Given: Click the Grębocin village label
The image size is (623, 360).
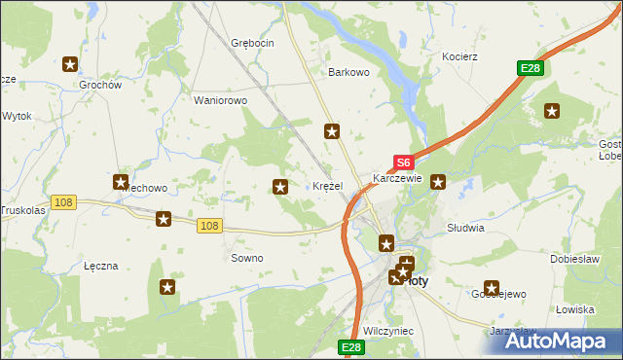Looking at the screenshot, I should [252, 43].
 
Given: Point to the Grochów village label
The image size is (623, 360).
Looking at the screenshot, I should [100, 85].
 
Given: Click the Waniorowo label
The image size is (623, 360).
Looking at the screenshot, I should [221, 100].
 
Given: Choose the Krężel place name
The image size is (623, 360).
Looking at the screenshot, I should [326, 186].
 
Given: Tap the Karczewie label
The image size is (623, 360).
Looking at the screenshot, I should [397, 179].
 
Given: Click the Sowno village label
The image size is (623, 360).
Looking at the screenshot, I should [246, 258].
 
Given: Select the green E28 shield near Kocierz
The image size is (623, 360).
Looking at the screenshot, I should [530, 68].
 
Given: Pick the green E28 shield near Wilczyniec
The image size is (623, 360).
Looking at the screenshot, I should [351, 347].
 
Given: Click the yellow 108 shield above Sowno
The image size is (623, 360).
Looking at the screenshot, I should [207, 226].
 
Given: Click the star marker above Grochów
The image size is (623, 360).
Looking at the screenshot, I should [71, 65].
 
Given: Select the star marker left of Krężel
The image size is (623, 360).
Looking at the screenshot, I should [281, 187].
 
